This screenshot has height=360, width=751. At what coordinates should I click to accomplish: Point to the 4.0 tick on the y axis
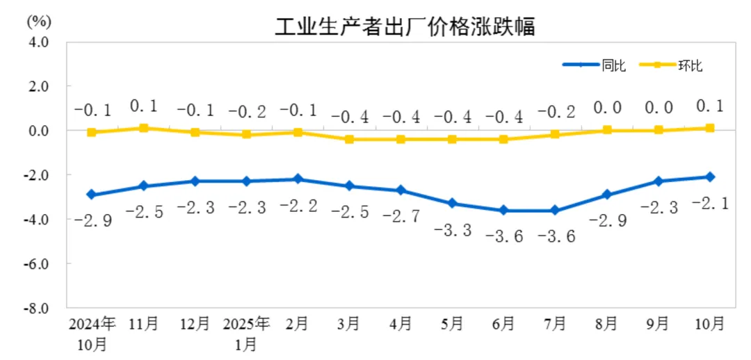click(39, 42)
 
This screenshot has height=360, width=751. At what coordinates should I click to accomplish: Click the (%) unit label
click(39, 20)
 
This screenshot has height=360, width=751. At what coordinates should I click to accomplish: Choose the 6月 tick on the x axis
click(503, 324)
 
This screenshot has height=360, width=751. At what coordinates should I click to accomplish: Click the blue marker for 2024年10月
click(92, 195)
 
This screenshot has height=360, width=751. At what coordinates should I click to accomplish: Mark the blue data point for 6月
click(503, 211)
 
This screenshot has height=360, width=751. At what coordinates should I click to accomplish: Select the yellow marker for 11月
click(143, 128)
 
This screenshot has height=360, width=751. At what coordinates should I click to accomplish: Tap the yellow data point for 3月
click(349, 139)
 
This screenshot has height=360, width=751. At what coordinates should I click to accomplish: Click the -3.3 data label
click(452, 230)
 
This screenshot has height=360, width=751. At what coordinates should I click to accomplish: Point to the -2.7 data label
click(401, 217)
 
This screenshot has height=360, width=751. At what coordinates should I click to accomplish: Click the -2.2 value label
click(298, 206)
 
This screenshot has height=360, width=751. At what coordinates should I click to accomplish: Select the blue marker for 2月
click(298, 179)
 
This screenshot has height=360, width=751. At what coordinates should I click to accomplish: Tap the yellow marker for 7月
click(555, 134)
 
